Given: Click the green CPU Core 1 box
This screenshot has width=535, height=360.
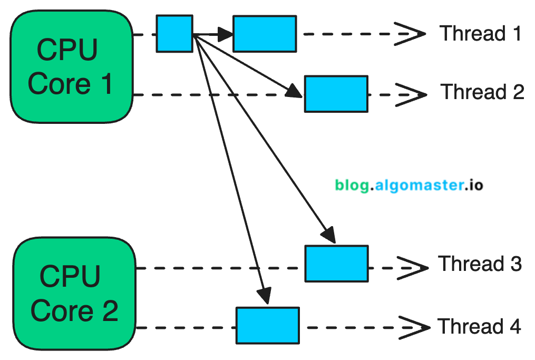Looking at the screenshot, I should pos(71,66).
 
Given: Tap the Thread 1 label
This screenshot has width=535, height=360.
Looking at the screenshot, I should pos(480,33).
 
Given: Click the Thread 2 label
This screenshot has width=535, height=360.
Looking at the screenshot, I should pos(482,92).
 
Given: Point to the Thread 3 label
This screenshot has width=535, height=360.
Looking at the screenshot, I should pos(480,263).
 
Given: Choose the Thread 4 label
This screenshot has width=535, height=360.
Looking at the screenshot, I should pos(479,326).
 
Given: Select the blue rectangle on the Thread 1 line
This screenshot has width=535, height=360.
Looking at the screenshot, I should pos(264,34).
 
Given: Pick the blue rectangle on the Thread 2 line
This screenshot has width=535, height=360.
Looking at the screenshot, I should pos(336,94).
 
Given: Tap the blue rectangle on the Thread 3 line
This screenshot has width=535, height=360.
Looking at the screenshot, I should pos(336,264).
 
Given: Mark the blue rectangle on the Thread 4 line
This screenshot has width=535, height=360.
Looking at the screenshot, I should pos(267,325).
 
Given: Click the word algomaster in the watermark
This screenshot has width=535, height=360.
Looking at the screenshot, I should pos(420,185).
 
